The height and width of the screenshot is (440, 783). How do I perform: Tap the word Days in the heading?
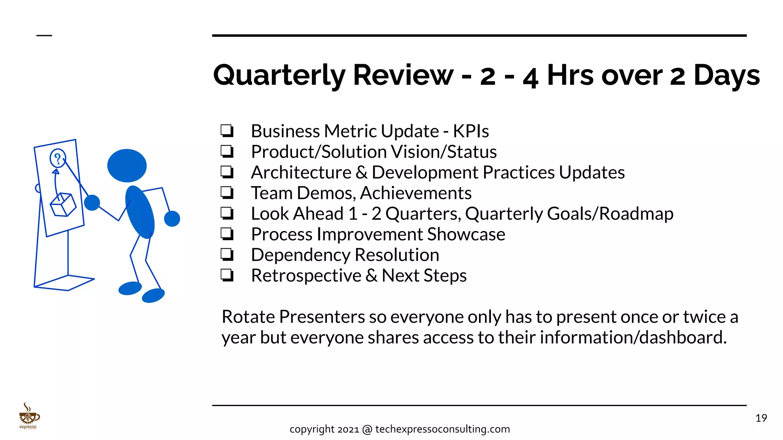click(726, 75)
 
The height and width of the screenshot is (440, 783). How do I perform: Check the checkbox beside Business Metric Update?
click(227, 131)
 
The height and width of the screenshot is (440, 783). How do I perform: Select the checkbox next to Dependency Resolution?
click(227, 255)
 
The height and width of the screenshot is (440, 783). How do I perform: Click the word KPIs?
click(471, 131)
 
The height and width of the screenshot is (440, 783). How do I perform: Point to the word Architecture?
click(301, 173)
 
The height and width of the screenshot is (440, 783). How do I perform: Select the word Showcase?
click(466, 235)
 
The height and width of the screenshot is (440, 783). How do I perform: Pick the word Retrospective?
click(306, 276)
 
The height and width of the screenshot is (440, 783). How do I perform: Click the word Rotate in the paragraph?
click(248, 317)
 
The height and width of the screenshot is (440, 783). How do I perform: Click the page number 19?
click(761, 418)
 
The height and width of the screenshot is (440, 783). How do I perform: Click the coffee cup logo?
click(29, 416)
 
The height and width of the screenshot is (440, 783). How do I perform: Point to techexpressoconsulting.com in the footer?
click(442, 429)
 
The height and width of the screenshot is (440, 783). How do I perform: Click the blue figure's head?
click(127, 165)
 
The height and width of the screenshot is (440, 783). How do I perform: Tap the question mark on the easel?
click(58, 158)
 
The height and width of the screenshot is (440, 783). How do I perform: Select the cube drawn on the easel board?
click(63, 205)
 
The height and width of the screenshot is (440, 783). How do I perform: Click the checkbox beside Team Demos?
click(227, 193)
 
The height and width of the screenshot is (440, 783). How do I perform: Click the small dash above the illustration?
click(44, 36)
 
